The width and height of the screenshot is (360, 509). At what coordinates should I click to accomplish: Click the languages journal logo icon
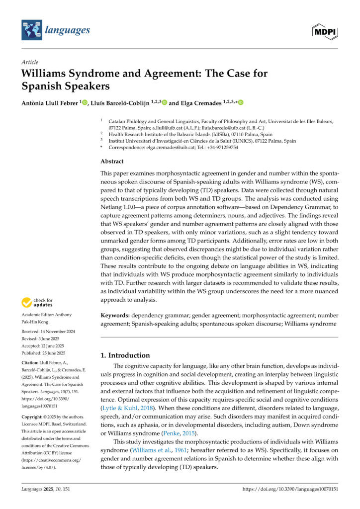pos(32,30)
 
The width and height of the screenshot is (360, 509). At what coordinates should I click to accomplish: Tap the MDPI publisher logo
pos(326,31)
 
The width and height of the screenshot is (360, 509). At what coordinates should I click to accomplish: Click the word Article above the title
pos(29,62)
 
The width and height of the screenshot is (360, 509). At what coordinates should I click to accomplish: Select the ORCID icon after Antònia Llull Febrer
pos(85,102)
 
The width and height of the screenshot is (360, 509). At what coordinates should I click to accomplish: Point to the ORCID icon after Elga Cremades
pos(241,102)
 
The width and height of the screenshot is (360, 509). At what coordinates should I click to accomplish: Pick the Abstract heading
pos(112,162)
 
